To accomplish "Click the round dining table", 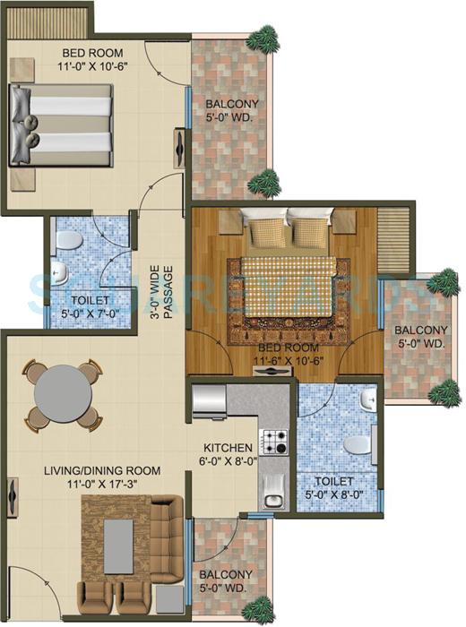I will pos(60,392).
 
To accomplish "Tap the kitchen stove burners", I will pos(272,440).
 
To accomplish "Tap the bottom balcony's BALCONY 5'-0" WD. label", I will pos(226,581).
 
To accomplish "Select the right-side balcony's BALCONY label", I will pos(419,336).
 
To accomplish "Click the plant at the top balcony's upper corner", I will pos(263,38).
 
